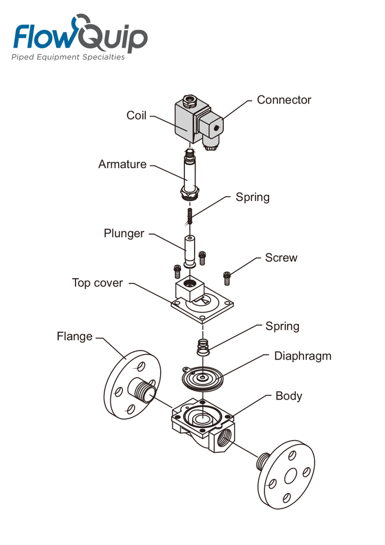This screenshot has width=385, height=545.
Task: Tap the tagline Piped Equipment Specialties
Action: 68,56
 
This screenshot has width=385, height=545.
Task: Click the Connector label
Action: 283,100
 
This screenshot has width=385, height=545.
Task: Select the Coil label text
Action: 136,115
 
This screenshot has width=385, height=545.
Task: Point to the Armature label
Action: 122,164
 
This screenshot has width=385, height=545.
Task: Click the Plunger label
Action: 123,234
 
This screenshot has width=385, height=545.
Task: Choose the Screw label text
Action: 281,258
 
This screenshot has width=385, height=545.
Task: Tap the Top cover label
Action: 97,283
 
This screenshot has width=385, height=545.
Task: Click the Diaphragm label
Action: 303,356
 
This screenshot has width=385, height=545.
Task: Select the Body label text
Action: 289,396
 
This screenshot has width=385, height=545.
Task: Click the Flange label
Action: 74,336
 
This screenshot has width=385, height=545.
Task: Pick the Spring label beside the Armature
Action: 253,197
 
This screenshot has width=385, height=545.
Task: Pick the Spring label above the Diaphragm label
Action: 282,326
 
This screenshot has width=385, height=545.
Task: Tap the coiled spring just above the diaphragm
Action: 203,347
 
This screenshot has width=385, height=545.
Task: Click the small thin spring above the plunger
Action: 190,216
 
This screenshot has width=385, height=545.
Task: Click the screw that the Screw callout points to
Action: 227,278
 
